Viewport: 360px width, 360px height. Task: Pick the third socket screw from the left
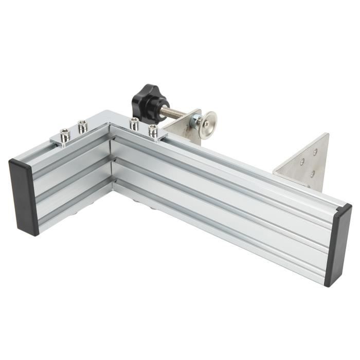(134, 123)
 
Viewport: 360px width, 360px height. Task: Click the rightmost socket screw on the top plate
(153, 131)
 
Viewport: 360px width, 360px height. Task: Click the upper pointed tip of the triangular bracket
(327, 134)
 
